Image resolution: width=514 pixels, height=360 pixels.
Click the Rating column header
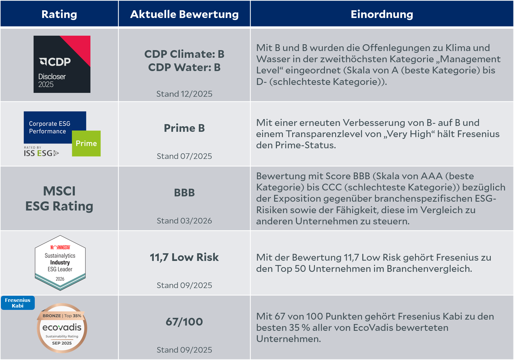(59, 14)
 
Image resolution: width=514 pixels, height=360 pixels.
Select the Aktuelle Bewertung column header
(184, 14)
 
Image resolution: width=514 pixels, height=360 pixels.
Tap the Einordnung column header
(382, 14)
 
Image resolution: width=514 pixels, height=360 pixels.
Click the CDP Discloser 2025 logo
(62, 64)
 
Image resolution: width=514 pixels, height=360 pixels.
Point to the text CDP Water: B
(184, 68)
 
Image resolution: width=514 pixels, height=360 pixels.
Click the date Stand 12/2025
(184, 94)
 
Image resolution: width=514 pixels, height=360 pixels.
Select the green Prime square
(86, 143)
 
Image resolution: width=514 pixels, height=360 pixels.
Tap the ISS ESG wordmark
(41, 153)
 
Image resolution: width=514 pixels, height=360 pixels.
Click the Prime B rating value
(184, 128)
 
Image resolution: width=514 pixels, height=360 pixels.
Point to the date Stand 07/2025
(184, 156)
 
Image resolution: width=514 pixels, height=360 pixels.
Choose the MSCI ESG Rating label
(59, 198)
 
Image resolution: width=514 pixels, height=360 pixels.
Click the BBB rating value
(184, 193)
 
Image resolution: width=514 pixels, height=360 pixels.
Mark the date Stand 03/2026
(184, 221)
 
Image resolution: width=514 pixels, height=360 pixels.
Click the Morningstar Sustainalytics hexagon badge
(60, 263)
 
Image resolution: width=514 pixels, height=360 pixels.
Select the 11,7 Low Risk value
(184, 257)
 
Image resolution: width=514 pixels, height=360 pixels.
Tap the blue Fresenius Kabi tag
(18, 303)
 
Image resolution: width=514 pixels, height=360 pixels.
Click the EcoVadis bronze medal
(62, 328)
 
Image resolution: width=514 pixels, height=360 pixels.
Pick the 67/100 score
(184, 322)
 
